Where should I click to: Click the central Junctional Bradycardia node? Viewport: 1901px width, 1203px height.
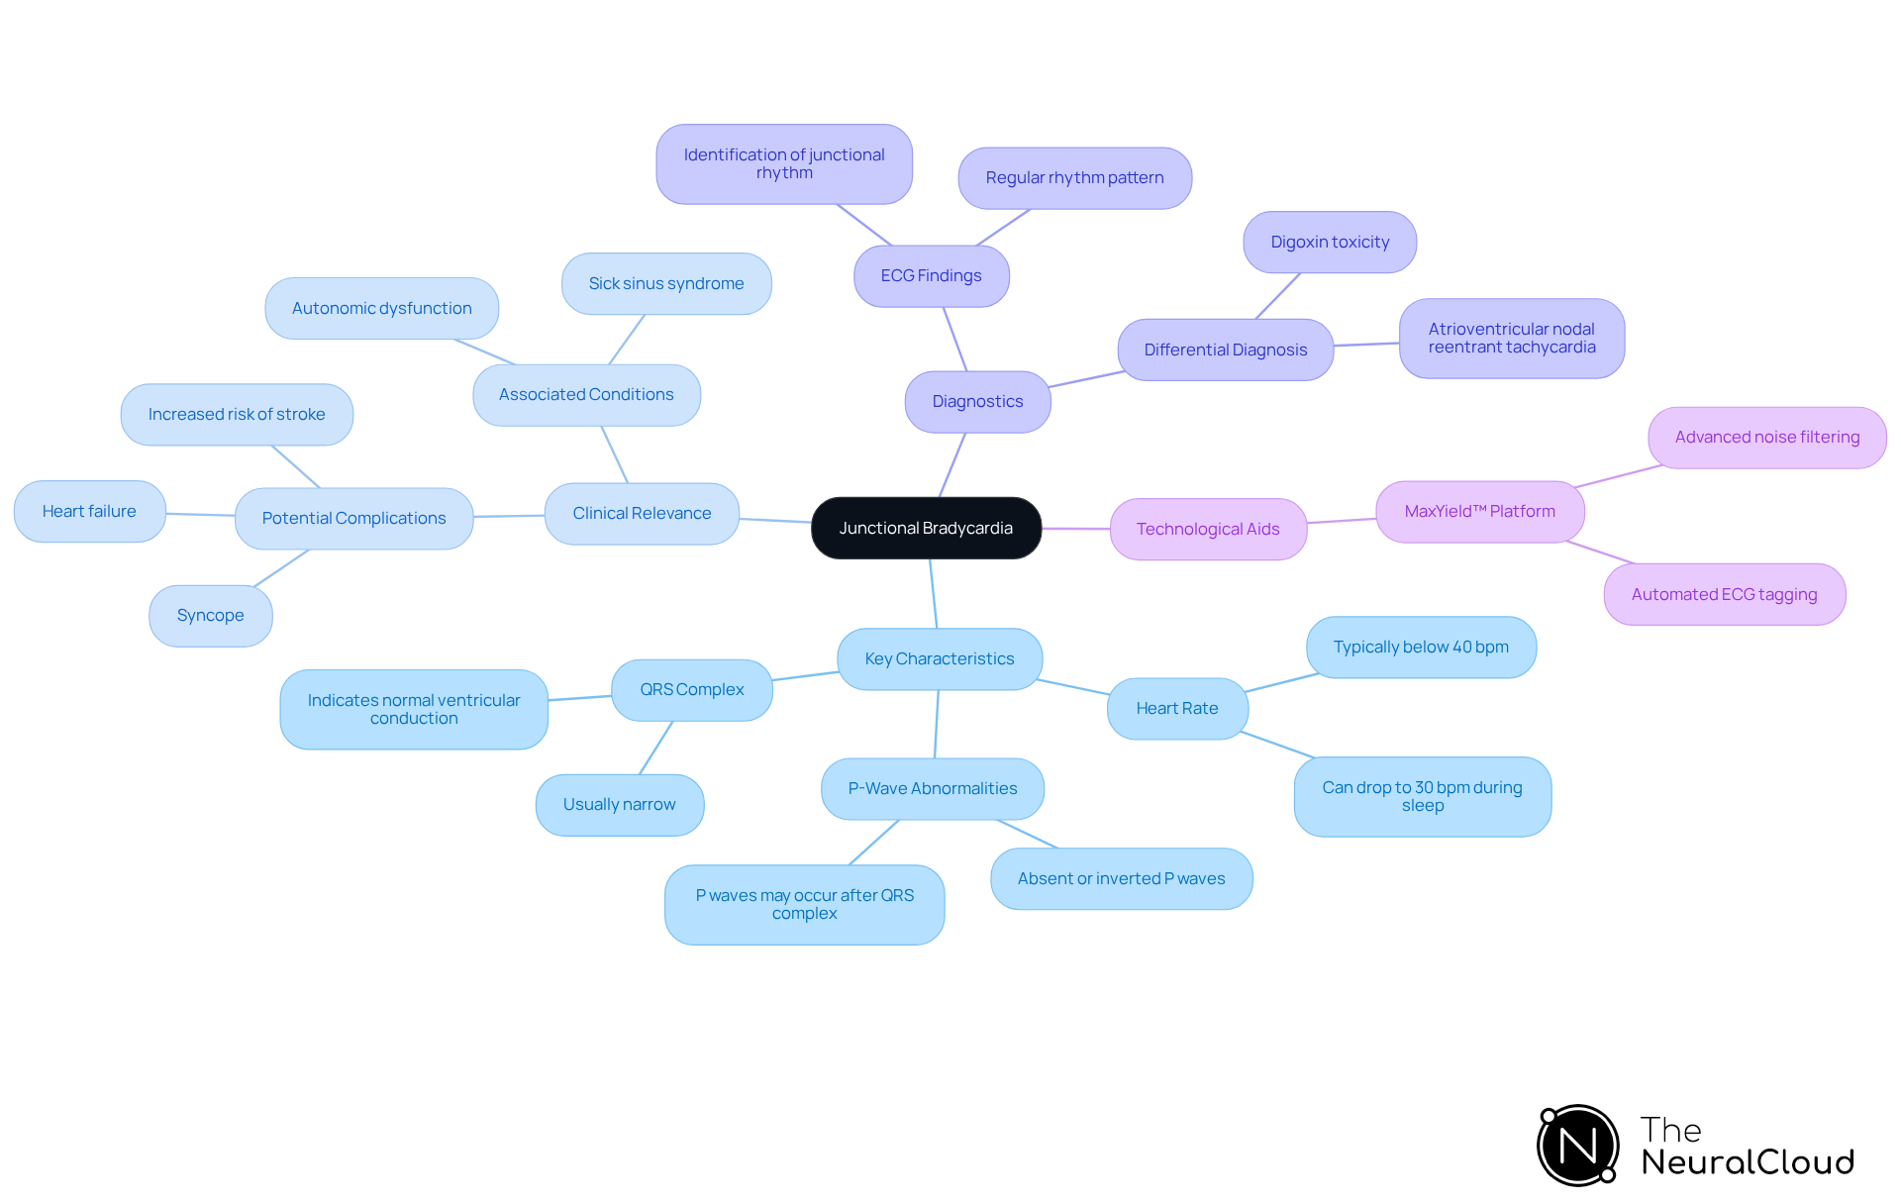pyautogui.click(x=926, y=528)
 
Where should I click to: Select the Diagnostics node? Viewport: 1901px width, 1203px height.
pyautogui.click(x=977, y=401)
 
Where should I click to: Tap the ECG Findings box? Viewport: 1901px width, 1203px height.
pyautogui.click(x=931, y=275)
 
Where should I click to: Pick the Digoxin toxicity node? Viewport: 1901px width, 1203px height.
pyautogui.click(x=1330, y=242)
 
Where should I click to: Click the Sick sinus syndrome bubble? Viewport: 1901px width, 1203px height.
pyautogui.click(x=665, y=283)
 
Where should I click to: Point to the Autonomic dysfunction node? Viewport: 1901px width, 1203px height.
pyautogui.click(x=381, y=308)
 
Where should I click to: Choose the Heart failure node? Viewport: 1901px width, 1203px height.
pyautogui.click(x=89, y=511)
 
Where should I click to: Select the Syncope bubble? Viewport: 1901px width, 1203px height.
pyautogui.click(x=210, y=615)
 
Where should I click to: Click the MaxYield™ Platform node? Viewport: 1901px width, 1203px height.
pyautogui.click(x=1479, y=511)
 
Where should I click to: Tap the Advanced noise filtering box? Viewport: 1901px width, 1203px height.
pyautogui.click(x=1766, y=437)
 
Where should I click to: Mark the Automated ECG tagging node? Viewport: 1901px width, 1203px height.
pyautogui.click(x=1724, y=594)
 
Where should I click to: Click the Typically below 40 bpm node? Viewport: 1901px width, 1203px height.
pyautogui.click(x=1421, y=647)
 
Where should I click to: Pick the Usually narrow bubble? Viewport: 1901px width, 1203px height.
pyautogui.click(x=619, y=804)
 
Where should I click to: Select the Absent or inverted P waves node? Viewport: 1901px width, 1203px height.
pyautogui.click(x=1121, y=878)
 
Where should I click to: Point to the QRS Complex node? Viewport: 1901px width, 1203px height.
pyautogui.click(x=691, y=689)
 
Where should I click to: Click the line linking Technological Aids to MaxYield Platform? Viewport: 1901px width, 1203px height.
pyautogui.click(x=1342, y=521)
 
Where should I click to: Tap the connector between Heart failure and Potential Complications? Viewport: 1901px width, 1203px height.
pyautogui.click(x=200, y=514)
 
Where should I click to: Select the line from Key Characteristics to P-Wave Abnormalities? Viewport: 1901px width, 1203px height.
pyautogui.click(x=937, y=724)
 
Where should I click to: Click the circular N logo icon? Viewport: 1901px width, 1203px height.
pyautogui.click(x=1577, y=1146)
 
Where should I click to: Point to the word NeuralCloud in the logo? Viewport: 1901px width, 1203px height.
pyautogui.click(x=1747, y=1161)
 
